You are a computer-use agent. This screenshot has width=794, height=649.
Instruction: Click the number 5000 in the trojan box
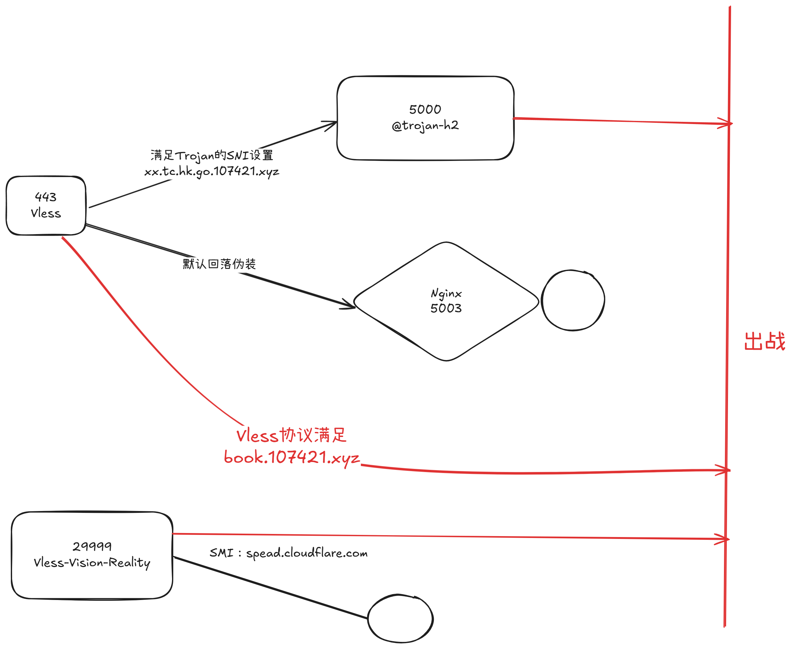(x=425, y=109)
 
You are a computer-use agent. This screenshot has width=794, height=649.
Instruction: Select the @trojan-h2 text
(x=425, y=125)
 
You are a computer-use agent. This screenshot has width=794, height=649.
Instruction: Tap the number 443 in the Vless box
(x=46, y=197)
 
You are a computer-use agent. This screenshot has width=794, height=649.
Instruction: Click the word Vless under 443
(x=46, y=213)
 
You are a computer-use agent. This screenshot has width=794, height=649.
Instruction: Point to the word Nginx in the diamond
(x=446, y=293)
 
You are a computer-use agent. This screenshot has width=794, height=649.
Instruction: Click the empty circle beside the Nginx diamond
(x=573, y=300)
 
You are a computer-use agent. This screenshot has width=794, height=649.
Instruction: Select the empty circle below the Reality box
(x=400, y=619)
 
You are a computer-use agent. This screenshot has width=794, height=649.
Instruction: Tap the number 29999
(x=92, y=546)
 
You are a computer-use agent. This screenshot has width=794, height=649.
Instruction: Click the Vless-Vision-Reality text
(x=92, y=562)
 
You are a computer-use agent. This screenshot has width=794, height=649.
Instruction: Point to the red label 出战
(x=765, y=341)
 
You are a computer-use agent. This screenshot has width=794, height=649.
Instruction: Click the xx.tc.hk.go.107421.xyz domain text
(x=211, y=171)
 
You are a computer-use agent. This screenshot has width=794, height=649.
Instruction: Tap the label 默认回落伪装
(x=219, y=264)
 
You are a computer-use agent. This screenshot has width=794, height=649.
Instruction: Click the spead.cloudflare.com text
(x=307, y=553)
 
